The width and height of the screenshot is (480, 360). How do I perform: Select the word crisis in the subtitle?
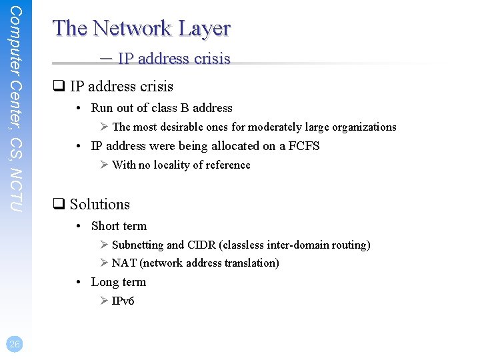click(211, 59)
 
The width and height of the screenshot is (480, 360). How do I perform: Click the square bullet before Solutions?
click(58, 205)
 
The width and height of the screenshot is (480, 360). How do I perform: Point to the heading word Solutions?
click(100, 205)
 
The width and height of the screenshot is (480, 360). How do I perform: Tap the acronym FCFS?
click(304, 145)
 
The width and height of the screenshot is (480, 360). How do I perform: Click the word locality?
click(167, 165)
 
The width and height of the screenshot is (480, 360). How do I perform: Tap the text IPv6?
click(123, 301)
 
